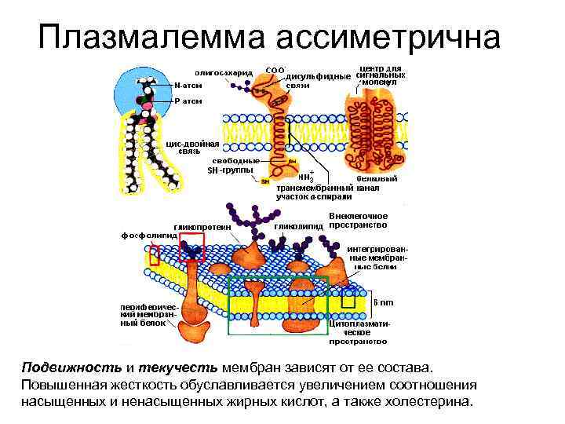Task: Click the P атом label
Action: [x=188, y=101]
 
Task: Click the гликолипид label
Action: [x=300, y=226]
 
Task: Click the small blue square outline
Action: [x=348, y=298]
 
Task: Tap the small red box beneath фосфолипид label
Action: [x=155, y=256]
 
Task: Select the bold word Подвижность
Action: [x=71, y=367]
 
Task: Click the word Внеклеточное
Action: [x=359, y=215]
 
